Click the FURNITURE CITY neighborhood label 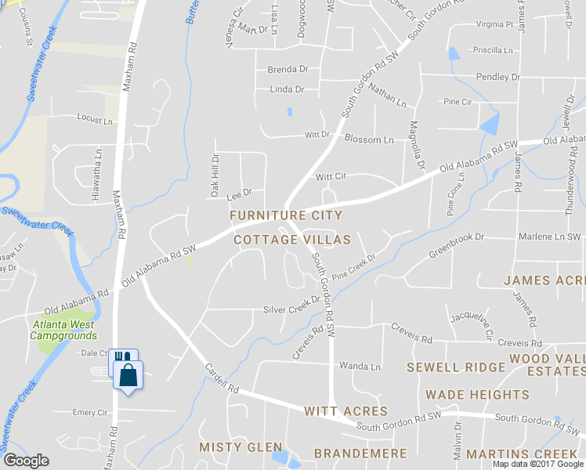point(285,215)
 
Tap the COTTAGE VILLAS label point(292,240)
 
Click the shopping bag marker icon point(128,374)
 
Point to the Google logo point(26,461)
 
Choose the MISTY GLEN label point(240,446)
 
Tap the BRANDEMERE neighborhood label point(360,454)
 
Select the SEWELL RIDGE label point(455,367)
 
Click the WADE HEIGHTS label point(477,395)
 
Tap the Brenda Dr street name point(288,70)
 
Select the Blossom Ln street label point(374,140)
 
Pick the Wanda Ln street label point(360,367)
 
